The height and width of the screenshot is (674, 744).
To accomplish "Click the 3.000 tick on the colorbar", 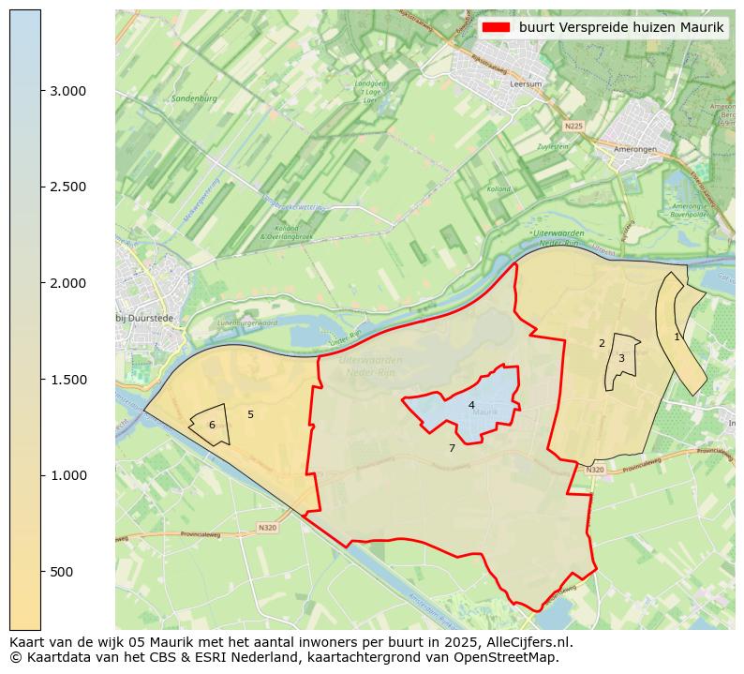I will pyautogui.click(x=42, y=91).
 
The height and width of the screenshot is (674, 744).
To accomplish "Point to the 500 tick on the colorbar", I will pyautogui.click(x=42, y=572).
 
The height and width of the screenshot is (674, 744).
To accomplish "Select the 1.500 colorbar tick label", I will pyautogui.click(x=67, y=380).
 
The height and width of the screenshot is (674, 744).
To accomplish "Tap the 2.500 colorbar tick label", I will pyautogui.click(x=67, y=187).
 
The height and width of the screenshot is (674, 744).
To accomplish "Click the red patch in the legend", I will pyautogui.click(x=496, y=27).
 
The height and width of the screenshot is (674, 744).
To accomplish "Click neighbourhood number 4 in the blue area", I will pyautogui.click(x=471, y=405).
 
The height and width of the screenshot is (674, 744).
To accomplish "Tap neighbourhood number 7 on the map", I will pyautogui.click(x=452, y=448).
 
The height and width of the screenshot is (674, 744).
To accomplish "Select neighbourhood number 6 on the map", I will pyautogui.click(x=212, y=426).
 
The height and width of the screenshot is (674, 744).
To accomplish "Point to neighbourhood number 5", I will pyautogui.click(x=250, y=414).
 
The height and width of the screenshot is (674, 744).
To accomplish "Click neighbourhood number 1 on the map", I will pyautogui.click(x=677, y=337).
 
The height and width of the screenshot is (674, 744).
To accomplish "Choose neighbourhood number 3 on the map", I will pyautogui.click(x=621, y=358).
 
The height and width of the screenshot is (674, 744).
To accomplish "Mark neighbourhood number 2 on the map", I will pyautogui.click(x=602, y=343).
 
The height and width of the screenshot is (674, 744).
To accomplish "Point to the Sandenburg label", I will pyautogui.click(x=194, y=98).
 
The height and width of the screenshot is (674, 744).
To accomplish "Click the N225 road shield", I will pyautogui.click(x=573, y=126).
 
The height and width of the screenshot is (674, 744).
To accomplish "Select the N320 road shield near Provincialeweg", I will pyautogui.click(x=267, y=528).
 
